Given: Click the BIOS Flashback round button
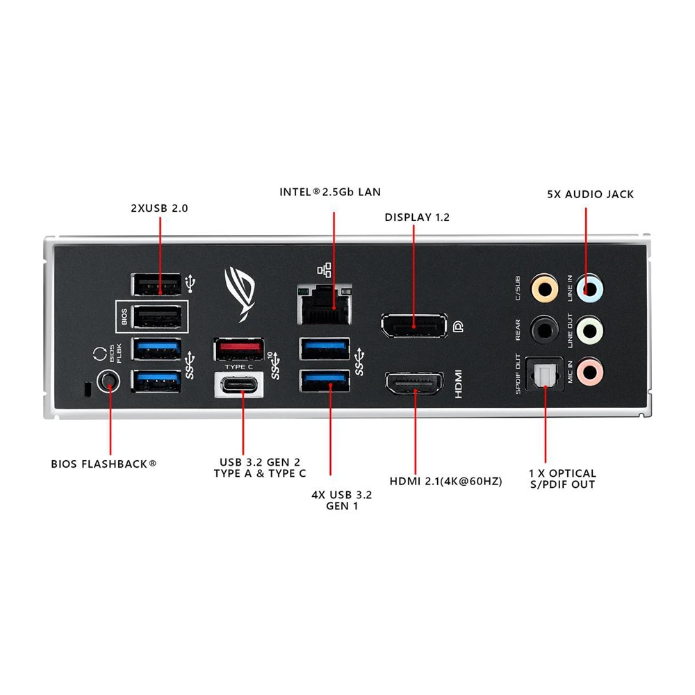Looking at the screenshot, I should coord(107,380).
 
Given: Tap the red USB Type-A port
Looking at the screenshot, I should coord(238,347).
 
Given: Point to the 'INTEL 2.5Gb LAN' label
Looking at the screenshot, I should coord(330,192).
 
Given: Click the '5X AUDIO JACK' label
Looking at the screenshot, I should coord(590,195).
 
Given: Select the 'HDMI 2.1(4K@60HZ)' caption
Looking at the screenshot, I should coord(445,481).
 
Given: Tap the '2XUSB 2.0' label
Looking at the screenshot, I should coord(159,207).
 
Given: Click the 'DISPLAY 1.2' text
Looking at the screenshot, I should coord(417,218).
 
